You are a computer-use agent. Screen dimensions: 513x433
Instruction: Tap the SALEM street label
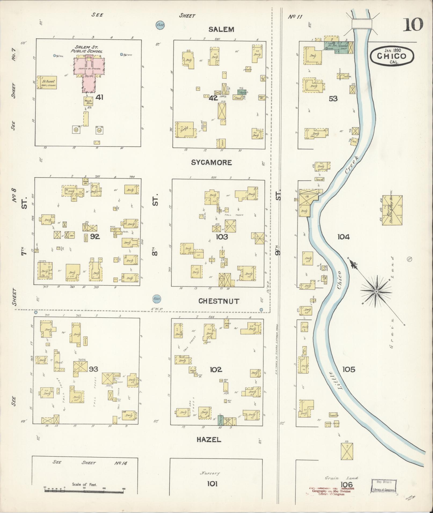221,29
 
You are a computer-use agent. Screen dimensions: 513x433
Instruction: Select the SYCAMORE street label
211,163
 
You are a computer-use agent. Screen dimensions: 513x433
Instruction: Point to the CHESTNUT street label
219,301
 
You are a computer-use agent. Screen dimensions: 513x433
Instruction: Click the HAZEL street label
209,439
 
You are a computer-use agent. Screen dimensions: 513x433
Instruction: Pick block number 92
95,237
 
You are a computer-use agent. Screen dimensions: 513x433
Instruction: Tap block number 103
221,237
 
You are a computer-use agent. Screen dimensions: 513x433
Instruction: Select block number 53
333,99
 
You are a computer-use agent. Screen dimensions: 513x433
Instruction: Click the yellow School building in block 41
47,82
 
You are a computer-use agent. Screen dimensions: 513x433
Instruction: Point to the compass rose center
376,291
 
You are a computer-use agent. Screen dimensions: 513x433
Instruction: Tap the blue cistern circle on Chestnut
157,298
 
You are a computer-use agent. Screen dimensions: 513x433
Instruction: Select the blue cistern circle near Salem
160,25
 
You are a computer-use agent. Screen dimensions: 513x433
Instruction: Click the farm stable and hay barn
392,210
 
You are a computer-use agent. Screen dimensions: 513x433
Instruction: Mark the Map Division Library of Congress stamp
384,486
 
